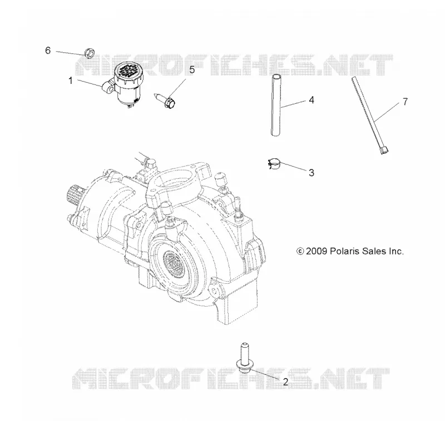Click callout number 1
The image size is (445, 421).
pyautogui.click(x=71, y=81)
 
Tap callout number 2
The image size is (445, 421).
pyautogui.click(x=285, y=382)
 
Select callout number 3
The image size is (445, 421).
pyautogui.click(x=311, y=173)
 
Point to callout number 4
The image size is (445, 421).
pyautogui.click(x=311, y=100)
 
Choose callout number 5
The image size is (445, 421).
pyautogui.click(x=192, y=69)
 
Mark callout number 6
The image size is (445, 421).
pyautogui.click(x=48, y=51)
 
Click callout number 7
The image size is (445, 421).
pyautogui.click(x=406, y=102)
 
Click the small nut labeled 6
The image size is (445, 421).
pyautogui.click(x=90, y=53)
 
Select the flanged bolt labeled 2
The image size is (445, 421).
pyautogui.click(x=244, y=358)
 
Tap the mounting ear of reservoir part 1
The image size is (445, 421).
pyautogui.click(x=108, y=87)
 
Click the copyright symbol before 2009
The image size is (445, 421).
pyautogui.click(x=300, y=251)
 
